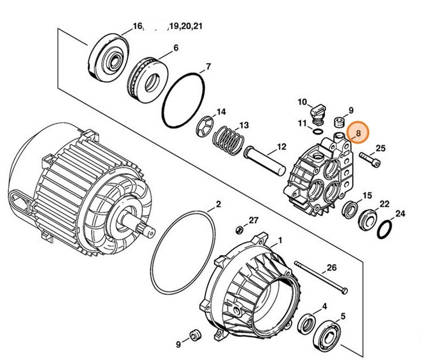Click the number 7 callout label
coord(208,66)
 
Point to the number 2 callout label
coord(218,204)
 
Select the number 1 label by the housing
coord(281,239)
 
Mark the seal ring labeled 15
coord(349,209)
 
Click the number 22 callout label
coord(384,204)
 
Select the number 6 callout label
coord(175,49)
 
